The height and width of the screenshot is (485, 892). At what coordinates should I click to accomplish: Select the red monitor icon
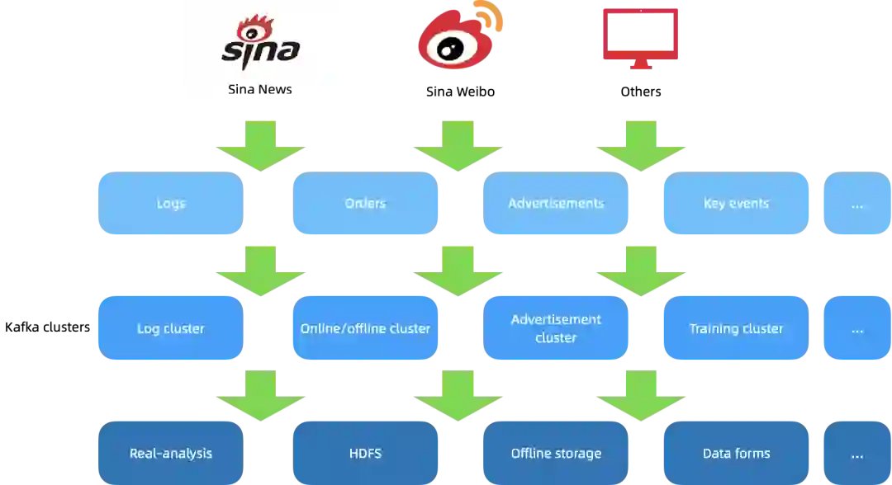click(640, 38)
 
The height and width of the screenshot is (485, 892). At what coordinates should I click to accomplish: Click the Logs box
click(169, 204)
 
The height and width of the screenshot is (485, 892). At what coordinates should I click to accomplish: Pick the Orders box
click(365, 204)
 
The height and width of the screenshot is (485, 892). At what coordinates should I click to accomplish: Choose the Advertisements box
click(556, 204)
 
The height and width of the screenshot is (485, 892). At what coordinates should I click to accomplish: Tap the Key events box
click(736, 204)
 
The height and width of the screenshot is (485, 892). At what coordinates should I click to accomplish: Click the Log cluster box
click(169, 328)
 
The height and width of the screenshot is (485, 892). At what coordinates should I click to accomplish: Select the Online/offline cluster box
click(365, 328)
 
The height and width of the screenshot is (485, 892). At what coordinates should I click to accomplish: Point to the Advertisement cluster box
click(556, 328)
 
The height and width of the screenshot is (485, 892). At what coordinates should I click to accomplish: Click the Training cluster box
click(736, 328)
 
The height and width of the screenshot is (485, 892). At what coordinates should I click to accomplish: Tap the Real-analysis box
click(169, 453)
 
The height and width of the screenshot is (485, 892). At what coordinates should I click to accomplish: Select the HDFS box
click(365, 453)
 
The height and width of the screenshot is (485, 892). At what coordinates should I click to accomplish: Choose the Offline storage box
click(556, 453)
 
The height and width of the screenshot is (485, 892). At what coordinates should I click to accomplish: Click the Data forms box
click(736, 453)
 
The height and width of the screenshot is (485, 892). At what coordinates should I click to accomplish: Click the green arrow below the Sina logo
click(261, 146)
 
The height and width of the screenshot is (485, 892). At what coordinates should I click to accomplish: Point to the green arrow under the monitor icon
click(641, 146)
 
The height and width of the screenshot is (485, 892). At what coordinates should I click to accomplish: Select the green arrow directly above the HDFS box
click(458, 395)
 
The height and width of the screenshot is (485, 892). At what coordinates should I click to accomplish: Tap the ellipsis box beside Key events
click(856, 204)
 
